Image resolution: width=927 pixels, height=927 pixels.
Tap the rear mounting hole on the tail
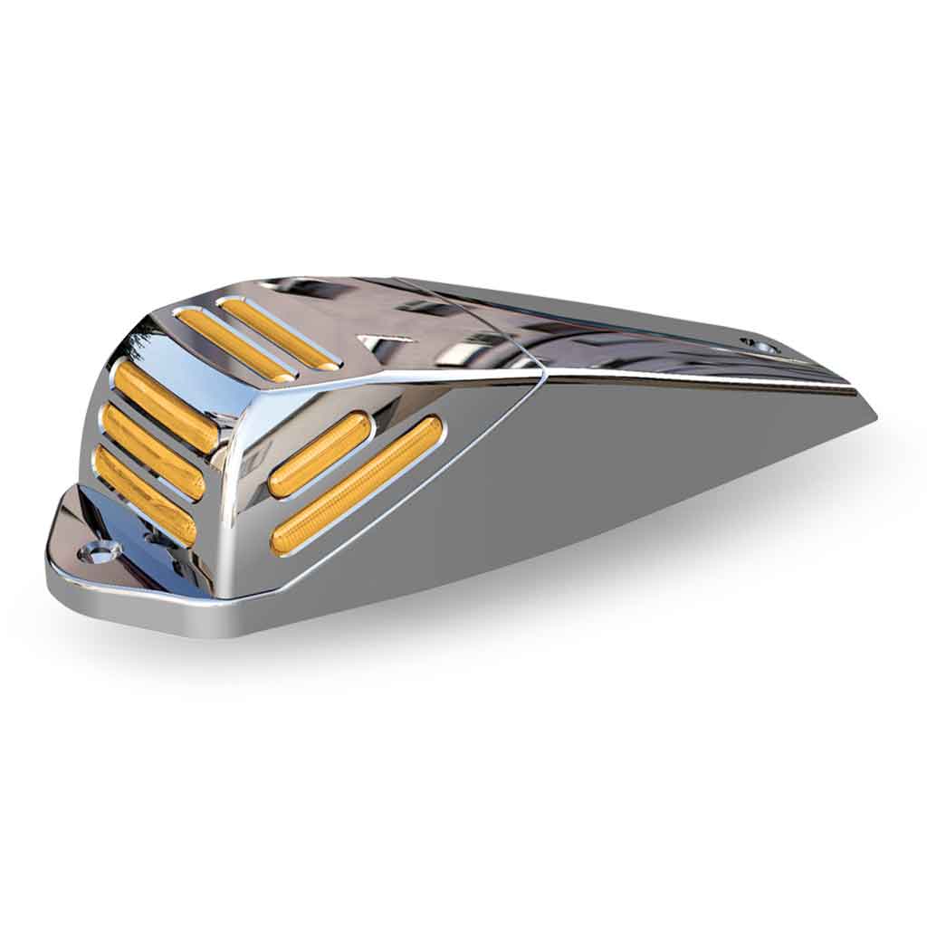click(x=756, y=345)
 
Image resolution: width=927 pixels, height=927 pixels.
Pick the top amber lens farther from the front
click(x=280, y=334)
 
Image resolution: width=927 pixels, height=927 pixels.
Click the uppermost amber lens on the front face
click(x=166, y=407)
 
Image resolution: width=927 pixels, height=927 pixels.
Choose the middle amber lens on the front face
click(x=152, y=452)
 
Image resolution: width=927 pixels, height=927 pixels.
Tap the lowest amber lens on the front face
click(x=145, y=495)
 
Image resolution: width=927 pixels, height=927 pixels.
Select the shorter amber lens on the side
click(x=320, y=454)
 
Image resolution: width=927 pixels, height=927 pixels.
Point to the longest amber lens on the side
click(x=357, y=485)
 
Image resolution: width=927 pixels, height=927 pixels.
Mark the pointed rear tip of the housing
click(x=871, y=418)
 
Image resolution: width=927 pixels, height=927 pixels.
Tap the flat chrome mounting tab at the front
click(x=81, y=561)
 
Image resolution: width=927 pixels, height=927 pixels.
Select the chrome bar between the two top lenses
click(x=257, y=338)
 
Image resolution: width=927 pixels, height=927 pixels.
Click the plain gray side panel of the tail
click(x=634, y=471)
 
